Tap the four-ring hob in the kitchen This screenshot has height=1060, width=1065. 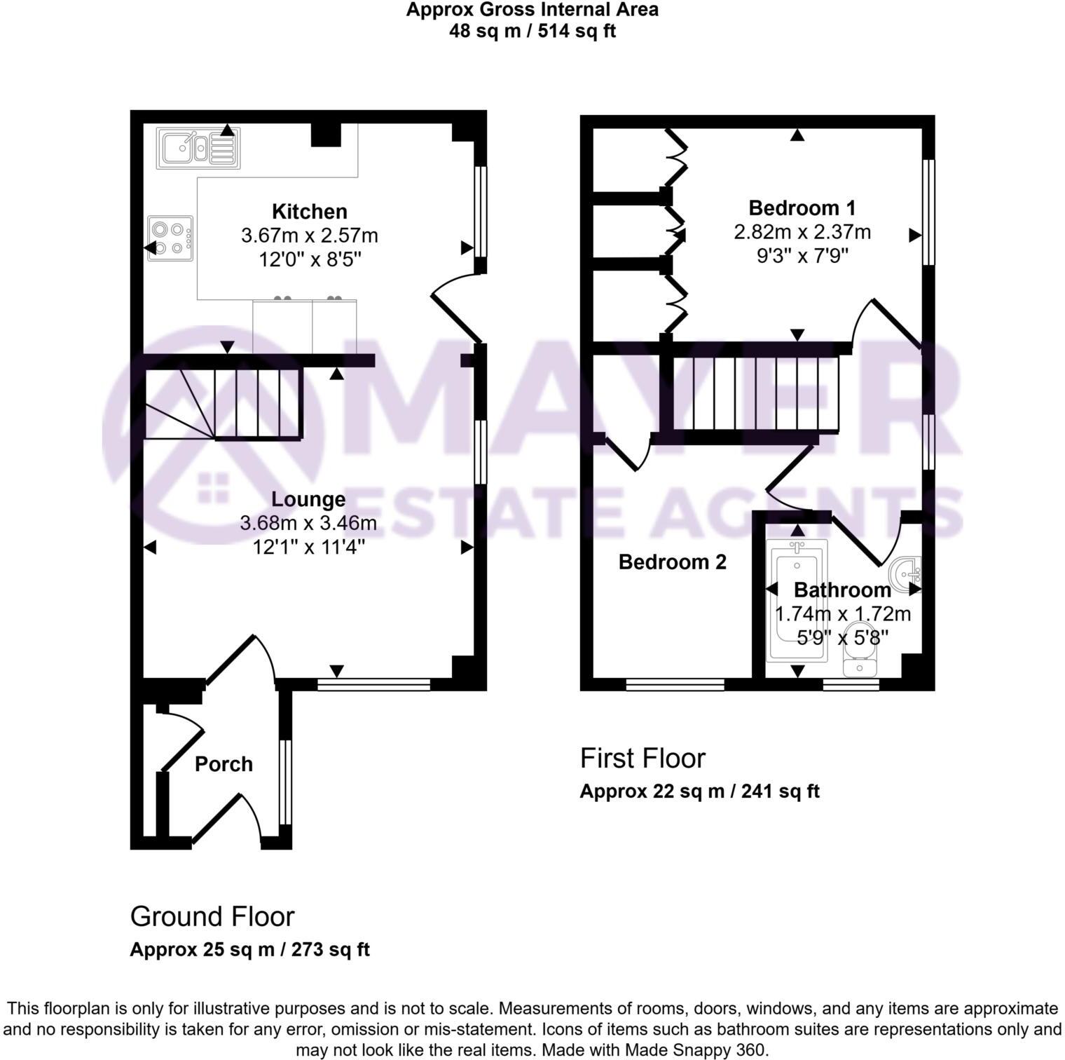[170, 238]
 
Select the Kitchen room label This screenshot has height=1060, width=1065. [309, 211]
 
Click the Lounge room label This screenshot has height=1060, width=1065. [308, 499]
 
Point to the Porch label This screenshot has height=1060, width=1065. [224, 763]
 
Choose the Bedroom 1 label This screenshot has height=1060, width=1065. [802, 208]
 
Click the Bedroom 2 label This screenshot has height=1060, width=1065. [672, 562]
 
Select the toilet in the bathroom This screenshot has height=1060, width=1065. [860, 651]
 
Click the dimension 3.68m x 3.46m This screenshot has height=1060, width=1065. [308, 523]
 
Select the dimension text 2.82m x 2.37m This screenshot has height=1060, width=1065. [802, 231]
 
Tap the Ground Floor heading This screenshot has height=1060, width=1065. [212, 916]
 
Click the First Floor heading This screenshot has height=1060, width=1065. [642, 758]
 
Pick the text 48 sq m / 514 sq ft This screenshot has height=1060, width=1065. [532, 31]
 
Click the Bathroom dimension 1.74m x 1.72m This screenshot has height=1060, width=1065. [842, 614]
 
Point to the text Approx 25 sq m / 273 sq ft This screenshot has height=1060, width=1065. [249, 949]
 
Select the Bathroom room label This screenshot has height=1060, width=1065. [842, 590]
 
